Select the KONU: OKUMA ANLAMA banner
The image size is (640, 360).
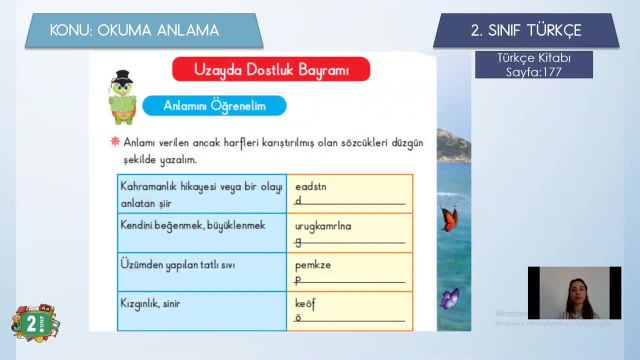[148, 30]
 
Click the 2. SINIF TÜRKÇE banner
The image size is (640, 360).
[525, 30]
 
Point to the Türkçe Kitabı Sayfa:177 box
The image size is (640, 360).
[534, 65]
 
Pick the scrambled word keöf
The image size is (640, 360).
[305, 304]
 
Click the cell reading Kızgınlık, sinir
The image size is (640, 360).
[157, 302]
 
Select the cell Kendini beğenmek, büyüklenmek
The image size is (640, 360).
[193, 225]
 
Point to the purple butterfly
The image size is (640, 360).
[450, 298]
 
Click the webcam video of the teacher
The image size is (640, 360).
[574, 293]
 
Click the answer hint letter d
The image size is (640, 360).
[298, 200]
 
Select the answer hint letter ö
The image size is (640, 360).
[298, 318]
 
